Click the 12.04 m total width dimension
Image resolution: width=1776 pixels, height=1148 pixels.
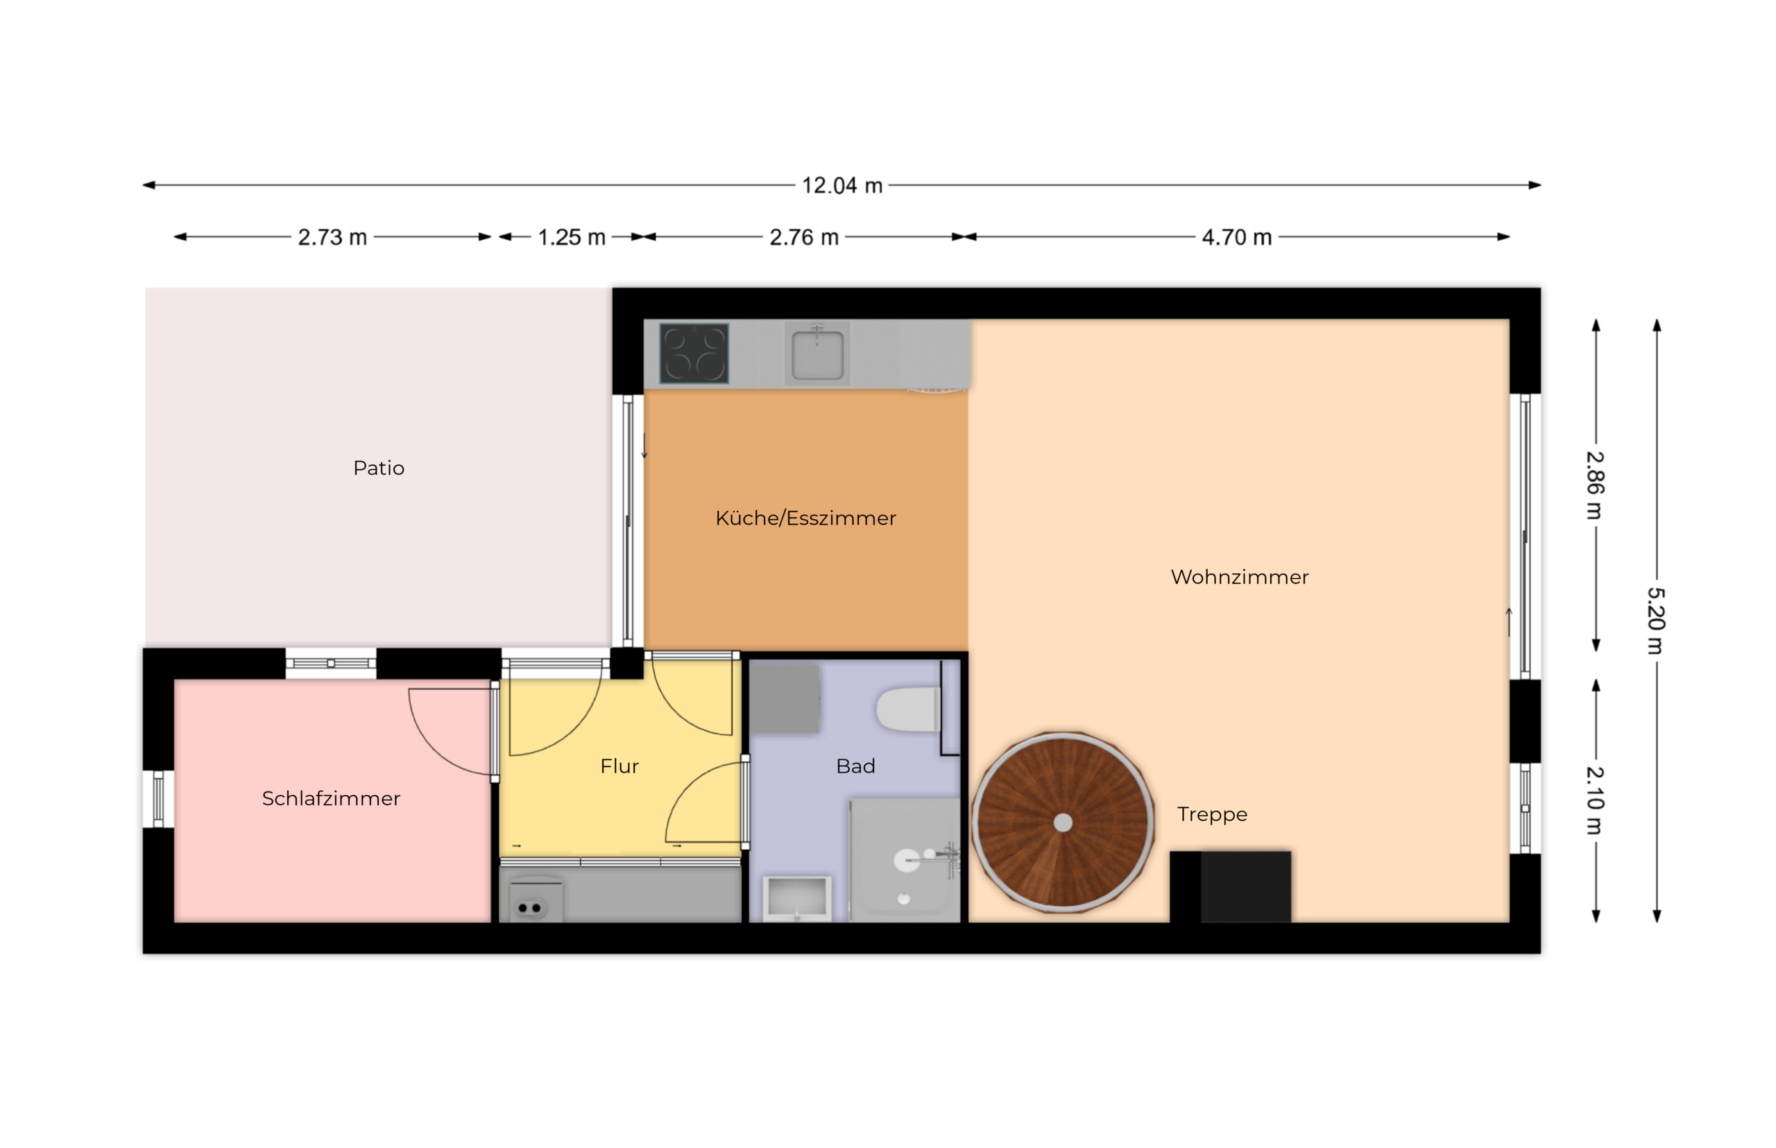(x=842, y=186)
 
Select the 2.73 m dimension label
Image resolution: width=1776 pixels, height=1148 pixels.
(x=333, y=237)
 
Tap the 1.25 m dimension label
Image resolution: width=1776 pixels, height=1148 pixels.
(x=572, y=237)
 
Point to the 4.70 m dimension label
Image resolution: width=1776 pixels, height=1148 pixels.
(x=1237, y=237)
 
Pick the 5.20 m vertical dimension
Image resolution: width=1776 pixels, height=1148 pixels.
(x=1656, y=621)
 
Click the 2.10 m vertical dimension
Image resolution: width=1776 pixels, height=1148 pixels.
(x=1594, y=801)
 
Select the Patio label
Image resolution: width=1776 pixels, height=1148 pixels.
(x=379, y=468)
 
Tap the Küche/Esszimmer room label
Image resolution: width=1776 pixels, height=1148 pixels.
(x=805, y=518)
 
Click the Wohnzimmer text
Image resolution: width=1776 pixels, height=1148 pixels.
(x=1240, y=577)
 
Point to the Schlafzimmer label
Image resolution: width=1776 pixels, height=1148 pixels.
(x=331, y=799)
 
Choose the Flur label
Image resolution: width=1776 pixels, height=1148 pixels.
(x=620, y=766)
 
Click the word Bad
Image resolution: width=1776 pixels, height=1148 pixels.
(x=855, y=766)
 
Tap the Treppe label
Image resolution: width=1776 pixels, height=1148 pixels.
(x=1212, y=815)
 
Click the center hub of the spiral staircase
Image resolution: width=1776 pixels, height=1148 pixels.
(x=1063, y=823)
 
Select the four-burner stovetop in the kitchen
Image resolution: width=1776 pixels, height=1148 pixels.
(x=694, y=354)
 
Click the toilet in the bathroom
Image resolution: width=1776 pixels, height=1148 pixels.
(x=907, y=710)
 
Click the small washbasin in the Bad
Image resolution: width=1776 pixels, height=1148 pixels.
(x=797, y=898)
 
